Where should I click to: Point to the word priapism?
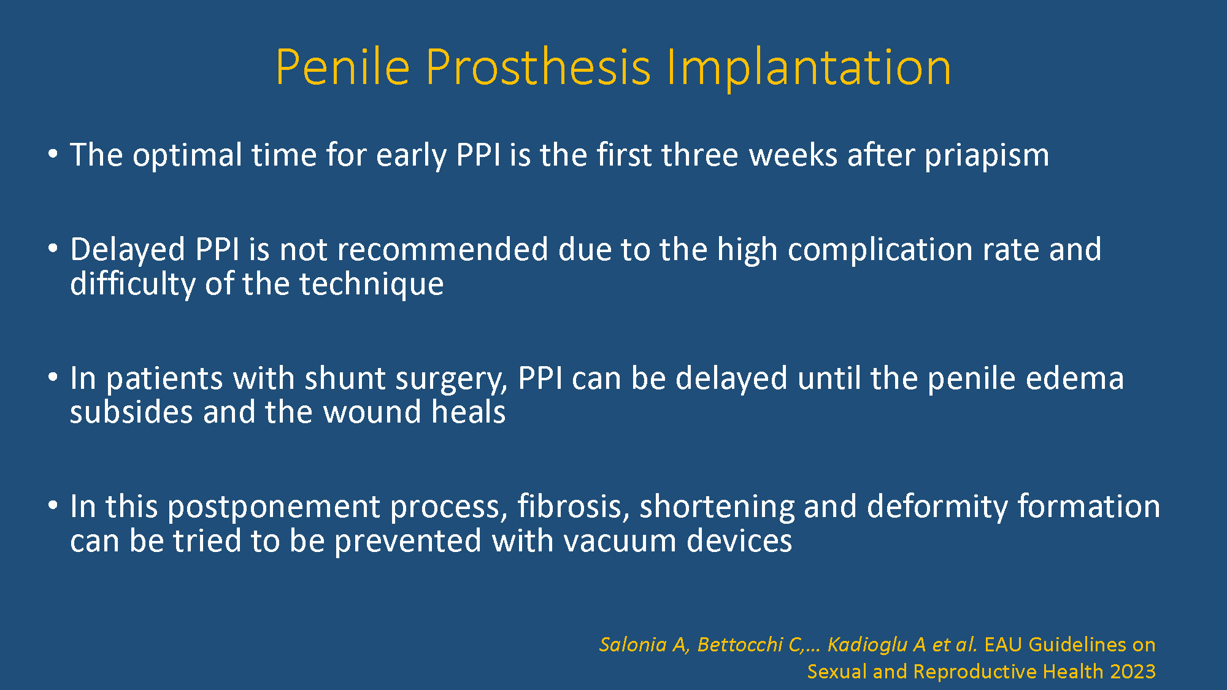[987, 155]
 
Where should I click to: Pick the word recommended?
[442, 250]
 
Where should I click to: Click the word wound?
[372, 412]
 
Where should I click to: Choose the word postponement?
[274, 508]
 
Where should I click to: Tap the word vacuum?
[620, 542]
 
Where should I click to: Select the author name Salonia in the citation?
[633, 645]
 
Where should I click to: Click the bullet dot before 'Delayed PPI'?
[53, 249]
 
